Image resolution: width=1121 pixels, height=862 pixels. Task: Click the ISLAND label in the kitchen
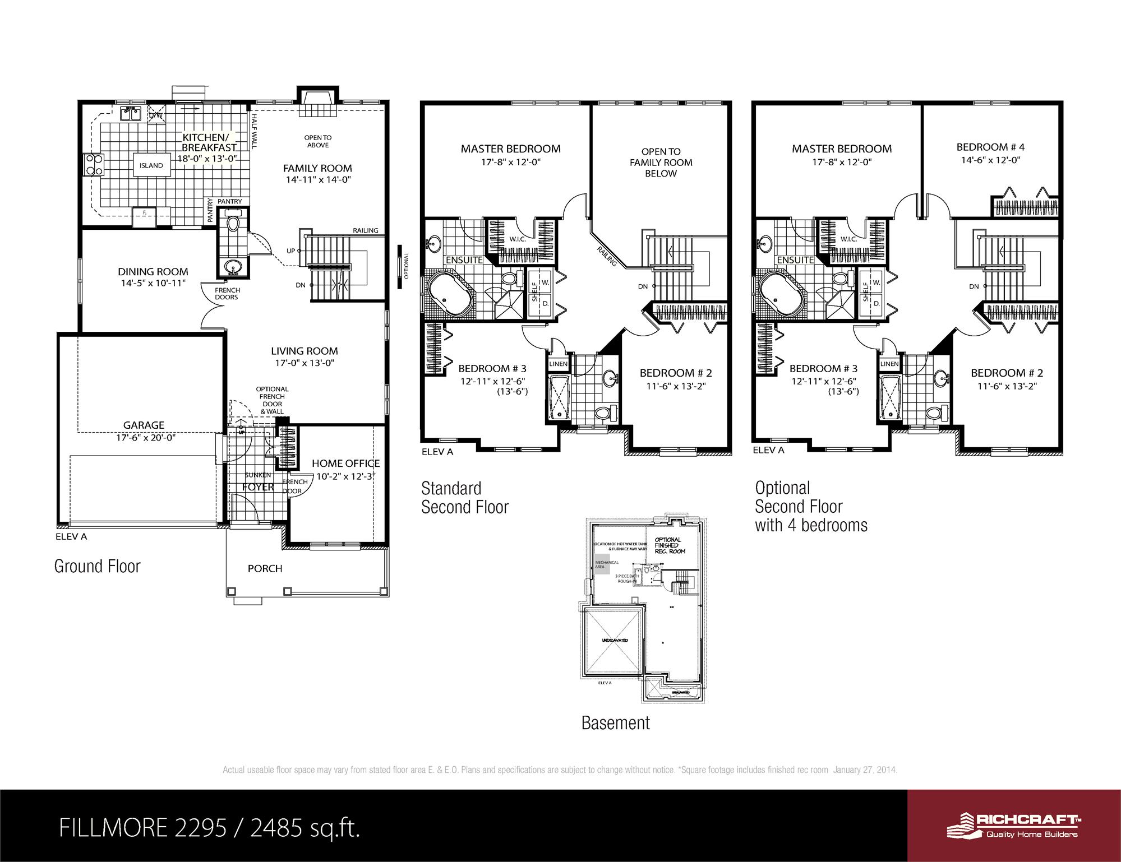coord(151,165)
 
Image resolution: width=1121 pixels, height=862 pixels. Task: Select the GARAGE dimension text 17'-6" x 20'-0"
coord(146,438)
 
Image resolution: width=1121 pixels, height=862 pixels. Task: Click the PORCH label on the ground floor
coord(265,568)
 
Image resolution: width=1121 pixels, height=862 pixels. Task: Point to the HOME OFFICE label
coord(345,464)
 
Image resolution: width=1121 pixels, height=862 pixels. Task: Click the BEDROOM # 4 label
coord(990,147)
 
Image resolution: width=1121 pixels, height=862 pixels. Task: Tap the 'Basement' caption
coord(615,723)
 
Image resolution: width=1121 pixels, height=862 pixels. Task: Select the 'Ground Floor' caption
coord(97,566)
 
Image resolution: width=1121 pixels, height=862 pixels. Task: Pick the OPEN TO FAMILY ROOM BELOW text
coord(661,163)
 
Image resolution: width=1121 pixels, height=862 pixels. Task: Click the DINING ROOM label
coord(153,272)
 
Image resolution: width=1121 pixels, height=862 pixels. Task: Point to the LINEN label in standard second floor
coord(559,364)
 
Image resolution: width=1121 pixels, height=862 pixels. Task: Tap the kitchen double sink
coord(131,113)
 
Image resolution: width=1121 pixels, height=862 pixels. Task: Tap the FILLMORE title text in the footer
coord(208,827)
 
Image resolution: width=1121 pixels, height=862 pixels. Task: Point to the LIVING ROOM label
coord(304,351)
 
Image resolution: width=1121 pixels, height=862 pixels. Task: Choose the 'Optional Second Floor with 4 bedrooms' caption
coord(810,506)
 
